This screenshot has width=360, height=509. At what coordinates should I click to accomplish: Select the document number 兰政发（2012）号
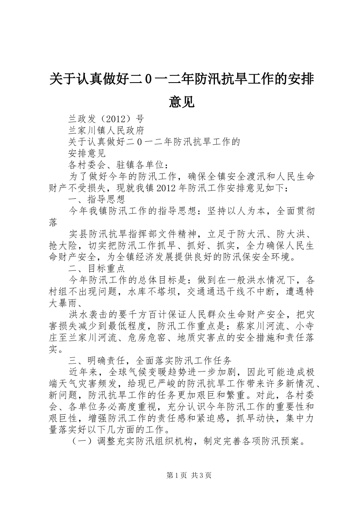(106, 119)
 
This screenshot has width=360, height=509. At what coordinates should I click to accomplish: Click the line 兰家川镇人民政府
(106, 131)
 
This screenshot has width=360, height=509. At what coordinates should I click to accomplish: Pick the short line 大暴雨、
(68, 303)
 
